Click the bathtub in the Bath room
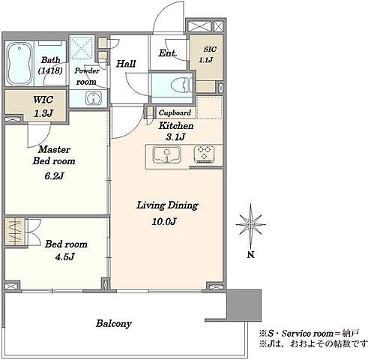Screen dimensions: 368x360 click(x=19, y=64)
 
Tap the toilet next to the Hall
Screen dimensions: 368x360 click(x=182, y=84)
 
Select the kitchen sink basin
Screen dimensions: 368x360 click(x=166, y=154)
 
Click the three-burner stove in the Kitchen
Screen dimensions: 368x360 click(x=204, y=154)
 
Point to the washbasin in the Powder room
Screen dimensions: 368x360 click(x=94, y=98)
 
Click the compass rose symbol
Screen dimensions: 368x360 click(x=250, y=224)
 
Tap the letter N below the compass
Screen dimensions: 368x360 click(x=251, y=255)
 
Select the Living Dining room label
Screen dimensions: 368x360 click(x=167, y=205)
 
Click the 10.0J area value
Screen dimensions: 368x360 click(x=164, y=221)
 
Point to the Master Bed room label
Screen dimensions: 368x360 click(x=54, y=155)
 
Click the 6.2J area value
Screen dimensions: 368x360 click(x=54, y=176)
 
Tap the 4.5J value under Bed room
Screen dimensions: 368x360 click(x=64, y=256)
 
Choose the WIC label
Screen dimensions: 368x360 click(x=43, y=100)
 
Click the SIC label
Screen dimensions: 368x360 click(x=210, y=49)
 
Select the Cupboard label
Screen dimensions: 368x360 click(x=175, y=113)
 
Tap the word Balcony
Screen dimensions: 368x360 click(x=114, y=324)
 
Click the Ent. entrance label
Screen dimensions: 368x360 click(x=168, y=53)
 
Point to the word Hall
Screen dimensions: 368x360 click(x=126, y=64)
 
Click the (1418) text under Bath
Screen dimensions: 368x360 click(x=50, y=70)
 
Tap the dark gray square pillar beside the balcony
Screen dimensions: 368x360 click(x=244, y=305)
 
